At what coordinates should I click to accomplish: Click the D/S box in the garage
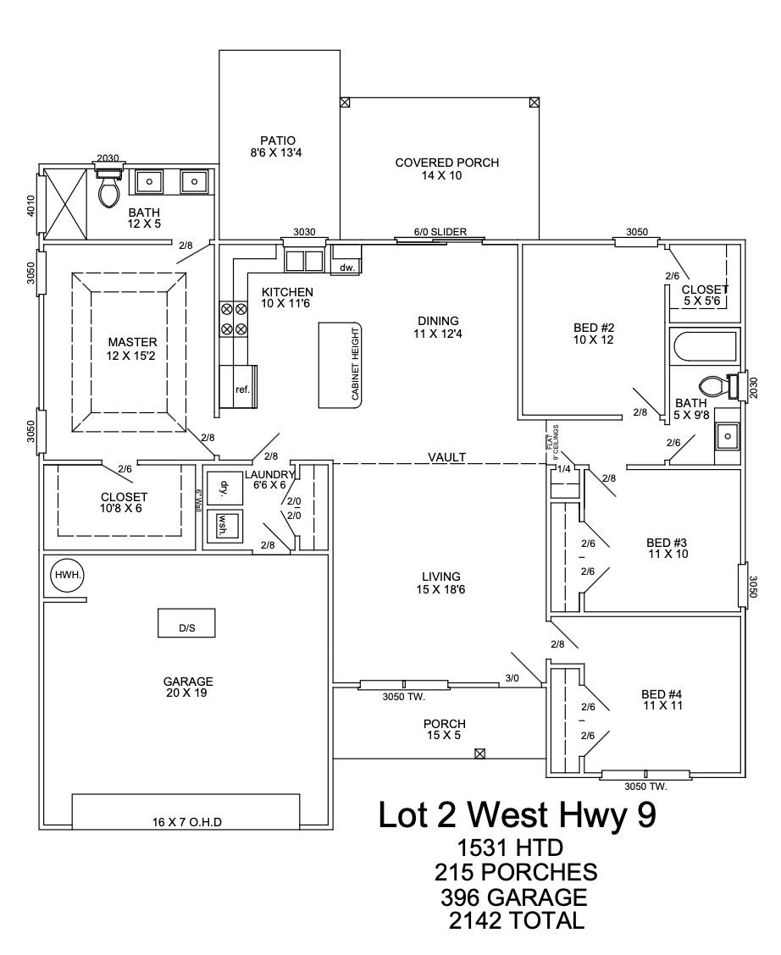tap(186, 624)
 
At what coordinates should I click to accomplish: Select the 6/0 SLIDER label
tap(440, 232)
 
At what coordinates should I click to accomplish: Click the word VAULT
tap(446, 457)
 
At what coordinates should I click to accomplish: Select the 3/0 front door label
tap(512, 678)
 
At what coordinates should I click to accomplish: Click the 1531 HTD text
tap(510, 847)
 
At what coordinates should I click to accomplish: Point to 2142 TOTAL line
tap(517, 920)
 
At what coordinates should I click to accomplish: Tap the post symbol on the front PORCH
tap(480, 753)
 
